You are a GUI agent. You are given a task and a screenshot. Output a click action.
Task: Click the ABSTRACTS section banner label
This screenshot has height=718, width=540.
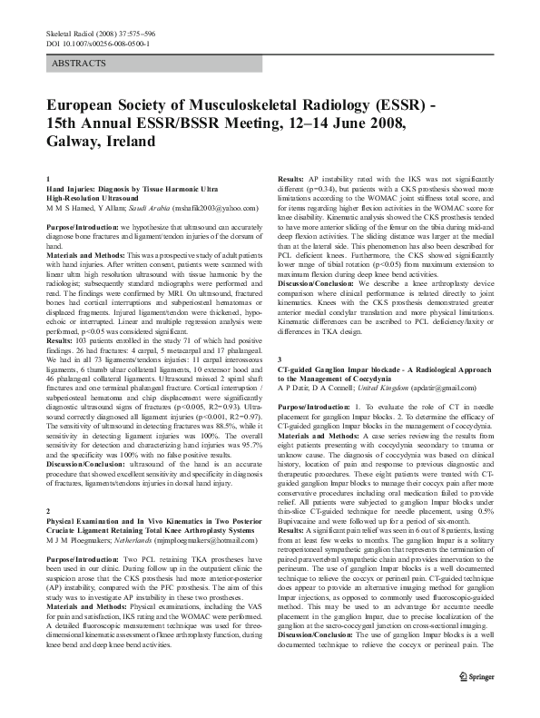click(x=81, y=64)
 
